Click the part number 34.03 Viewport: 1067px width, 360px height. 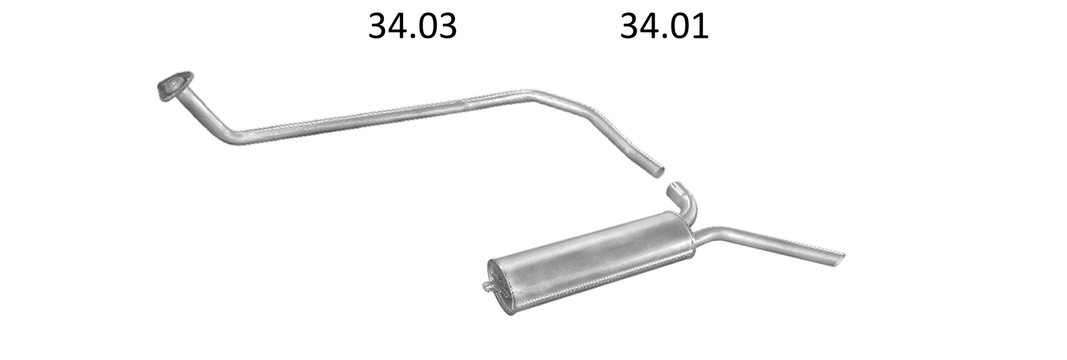412,26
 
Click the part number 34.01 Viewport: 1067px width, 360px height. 664,26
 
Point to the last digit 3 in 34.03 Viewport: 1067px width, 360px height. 447,26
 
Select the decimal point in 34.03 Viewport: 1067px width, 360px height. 411,37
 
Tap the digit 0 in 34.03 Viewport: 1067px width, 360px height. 425,26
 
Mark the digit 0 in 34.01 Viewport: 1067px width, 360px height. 678,26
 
